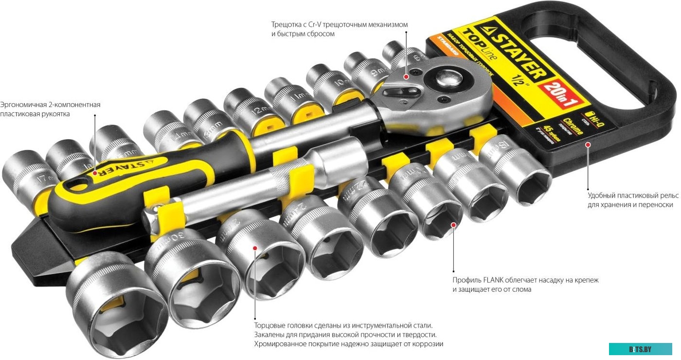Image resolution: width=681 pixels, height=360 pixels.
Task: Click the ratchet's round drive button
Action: click(446, 79)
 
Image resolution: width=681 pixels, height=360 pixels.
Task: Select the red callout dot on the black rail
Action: click(588, 144)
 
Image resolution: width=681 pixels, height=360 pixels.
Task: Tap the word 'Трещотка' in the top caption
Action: click(287, 24)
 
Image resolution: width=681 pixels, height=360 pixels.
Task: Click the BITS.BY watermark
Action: click(640, 349)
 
